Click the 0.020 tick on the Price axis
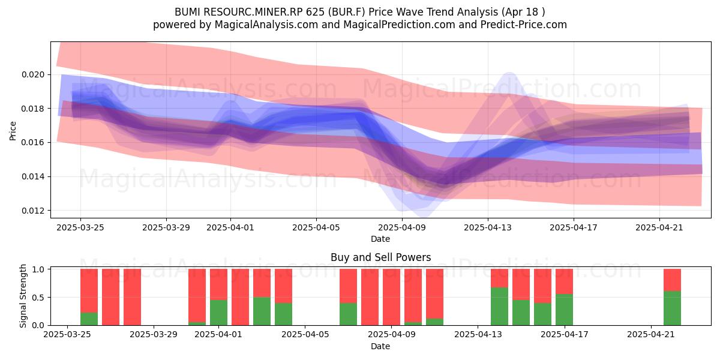click(33, 74)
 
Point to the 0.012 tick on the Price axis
click(33, 211)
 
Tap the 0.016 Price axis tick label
click(33, 143)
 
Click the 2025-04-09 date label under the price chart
click(402, 227)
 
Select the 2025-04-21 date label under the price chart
click(659, 227)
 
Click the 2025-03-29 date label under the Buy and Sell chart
click(154, 335)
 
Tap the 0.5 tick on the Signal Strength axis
click(39, 298)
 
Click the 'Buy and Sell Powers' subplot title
click(380, 257)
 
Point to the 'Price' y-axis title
click(13, 131)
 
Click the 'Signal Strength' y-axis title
click(23, 296)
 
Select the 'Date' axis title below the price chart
click(380, 239)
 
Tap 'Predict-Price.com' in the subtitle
click(524, 25)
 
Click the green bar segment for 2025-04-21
click(672, 308)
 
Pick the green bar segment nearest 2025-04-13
click(499, 307)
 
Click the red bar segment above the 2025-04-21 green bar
click(672, 280)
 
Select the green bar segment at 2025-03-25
click(89, 319)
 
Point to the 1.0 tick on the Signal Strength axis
click(39, 269)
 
